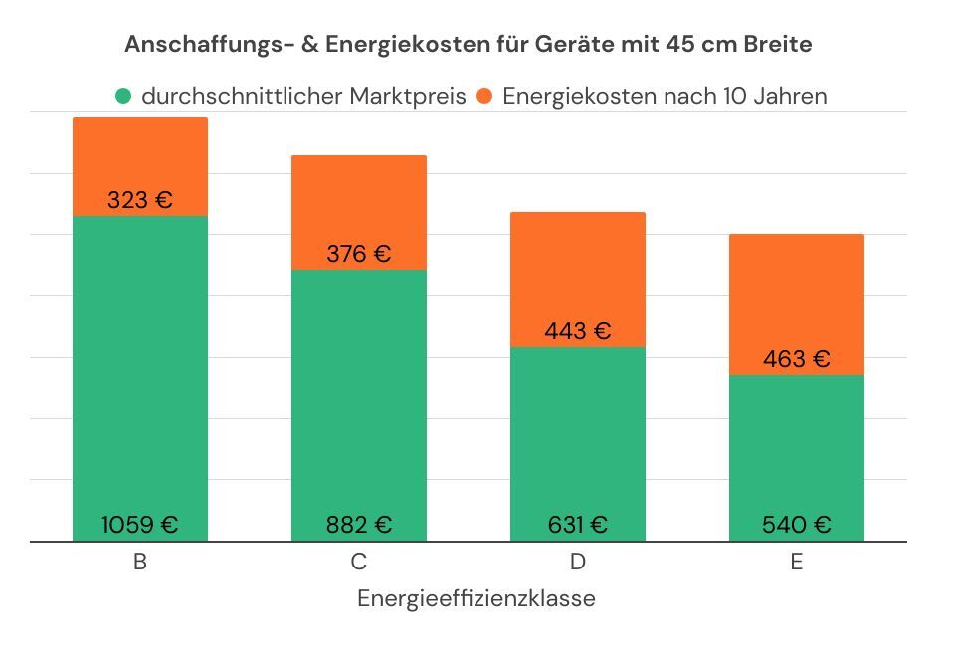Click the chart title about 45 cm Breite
click(x=468, y=45)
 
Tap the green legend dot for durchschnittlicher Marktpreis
click(x=123, y=97)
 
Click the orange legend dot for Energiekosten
click(x=485, y=97)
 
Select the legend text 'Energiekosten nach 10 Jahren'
click(x=665, y=97)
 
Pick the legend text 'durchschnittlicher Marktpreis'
click(x=303, y=97)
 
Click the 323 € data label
click(x=140, y=200)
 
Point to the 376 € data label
click(x=359, y=254)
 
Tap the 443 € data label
click(x=578, y=331)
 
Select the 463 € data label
click(x=797, y=359)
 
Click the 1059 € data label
click(x=140, y=525)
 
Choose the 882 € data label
click(x=359, y=525)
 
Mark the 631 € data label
click(x=578, y=525)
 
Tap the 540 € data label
click(x=797, y=525)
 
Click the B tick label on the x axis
click(x=140, y=563)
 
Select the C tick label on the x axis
click(x=359, y=563)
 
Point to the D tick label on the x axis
click(x=578, y=563)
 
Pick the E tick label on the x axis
click(x=797, y=563)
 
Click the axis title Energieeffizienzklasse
click(x=476, y=599)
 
